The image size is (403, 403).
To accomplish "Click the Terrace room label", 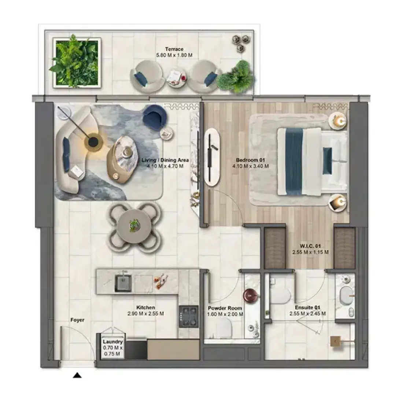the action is [174, 49].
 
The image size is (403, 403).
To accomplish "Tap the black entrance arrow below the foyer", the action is [77, 376].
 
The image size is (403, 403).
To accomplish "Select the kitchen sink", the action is [123, 283].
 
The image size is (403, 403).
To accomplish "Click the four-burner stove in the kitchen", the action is [189, 317].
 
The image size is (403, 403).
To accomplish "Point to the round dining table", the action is [134, 226].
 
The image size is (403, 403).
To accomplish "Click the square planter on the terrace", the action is [77, 63].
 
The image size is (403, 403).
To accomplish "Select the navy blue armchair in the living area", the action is [155, 116].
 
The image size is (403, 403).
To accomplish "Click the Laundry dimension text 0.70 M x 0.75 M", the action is [113, 351].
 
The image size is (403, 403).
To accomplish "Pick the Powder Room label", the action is [225, 308].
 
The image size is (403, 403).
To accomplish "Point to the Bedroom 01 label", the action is [250, 160].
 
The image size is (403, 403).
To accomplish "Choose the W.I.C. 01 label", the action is [310, 246].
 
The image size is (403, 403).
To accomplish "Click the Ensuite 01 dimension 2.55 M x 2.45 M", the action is [308, 314].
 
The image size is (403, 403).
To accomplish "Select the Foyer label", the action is [77, 320].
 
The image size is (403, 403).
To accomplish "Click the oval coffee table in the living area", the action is [123, 159].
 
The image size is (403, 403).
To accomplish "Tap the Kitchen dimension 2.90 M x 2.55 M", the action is [145, 314].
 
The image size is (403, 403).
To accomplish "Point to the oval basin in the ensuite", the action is [346, 296].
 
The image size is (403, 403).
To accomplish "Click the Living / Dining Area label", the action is [165, 160].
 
